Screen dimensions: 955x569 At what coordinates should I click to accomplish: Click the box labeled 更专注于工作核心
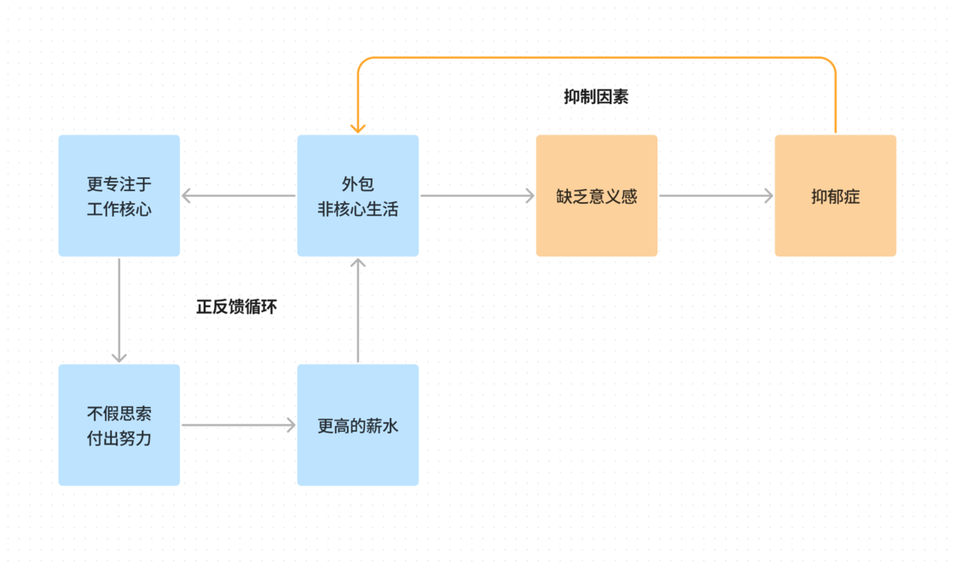[x=119, y=195]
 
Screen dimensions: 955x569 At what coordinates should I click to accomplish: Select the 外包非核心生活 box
[x=358, y=195]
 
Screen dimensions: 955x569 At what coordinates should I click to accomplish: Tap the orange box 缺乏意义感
[x=597, y=195]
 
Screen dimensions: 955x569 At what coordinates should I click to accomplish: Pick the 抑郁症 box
[x=836, y=195]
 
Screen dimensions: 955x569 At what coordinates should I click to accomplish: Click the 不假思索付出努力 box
[x=119, y=425]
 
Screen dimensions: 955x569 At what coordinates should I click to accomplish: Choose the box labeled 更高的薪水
[x=358, y=425]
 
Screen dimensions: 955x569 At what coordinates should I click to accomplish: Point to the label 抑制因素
[x=596, y=97]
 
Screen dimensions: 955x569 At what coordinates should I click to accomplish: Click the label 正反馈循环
[x=237, y=306]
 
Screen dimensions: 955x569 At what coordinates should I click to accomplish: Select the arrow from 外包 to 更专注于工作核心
[x=239, y=195]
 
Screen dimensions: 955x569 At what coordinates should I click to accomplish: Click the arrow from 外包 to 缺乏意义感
[x=477, y=195]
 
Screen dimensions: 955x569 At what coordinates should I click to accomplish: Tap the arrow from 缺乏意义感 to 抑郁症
[x=716, y=195]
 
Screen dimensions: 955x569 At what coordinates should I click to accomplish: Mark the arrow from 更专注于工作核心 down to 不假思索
[x=119, y=310]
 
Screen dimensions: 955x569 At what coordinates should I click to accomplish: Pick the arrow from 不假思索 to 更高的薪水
[x=239, y=425]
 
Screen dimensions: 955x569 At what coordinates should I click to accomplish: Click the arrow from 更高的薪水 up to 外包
[x=358, y=310]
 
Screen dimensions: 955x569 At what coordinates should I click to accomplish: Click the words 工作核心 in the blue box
[x=119, y=209]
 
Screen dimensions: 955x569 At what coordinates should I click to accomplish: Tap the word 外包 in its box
[x=358, y=183]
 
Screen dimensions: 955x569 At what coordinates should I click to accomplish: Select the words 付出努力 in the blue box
[x=119, y=438]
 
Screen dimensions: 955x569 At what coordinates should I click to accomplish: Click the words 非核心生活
[x=358, y=209]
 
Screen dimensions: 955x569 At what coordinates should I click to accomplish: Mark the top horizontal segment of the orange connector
[x=597, y=58]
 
